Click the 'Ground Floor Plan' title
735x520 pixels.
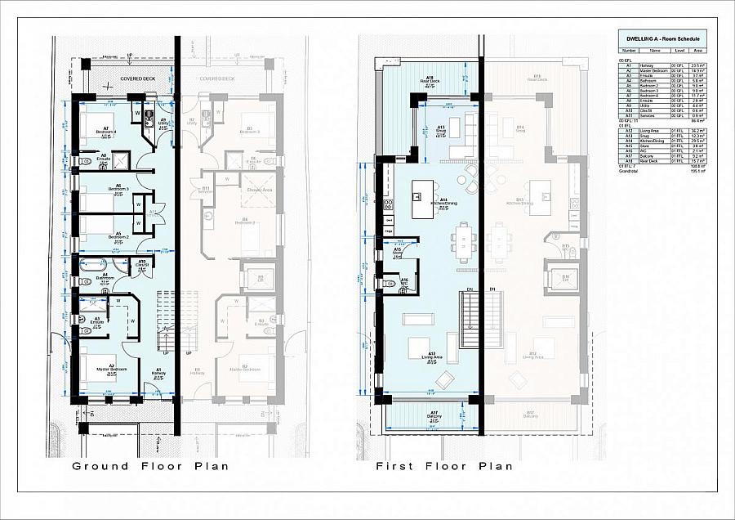tap(150, 466)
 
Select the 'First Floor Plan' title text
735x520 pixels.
tap(444, 466)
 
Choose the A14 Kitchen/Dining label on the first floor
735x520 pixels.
tap(443, 203)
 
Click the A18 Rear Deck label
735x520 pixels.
tap(430, 81)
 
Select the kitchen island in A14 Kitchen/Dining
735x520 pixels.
tap(425, 198)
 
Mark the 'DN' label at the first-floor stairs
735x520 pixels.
tap(470, 289)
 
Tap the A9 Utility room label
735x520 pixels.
tap(163, 122)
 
